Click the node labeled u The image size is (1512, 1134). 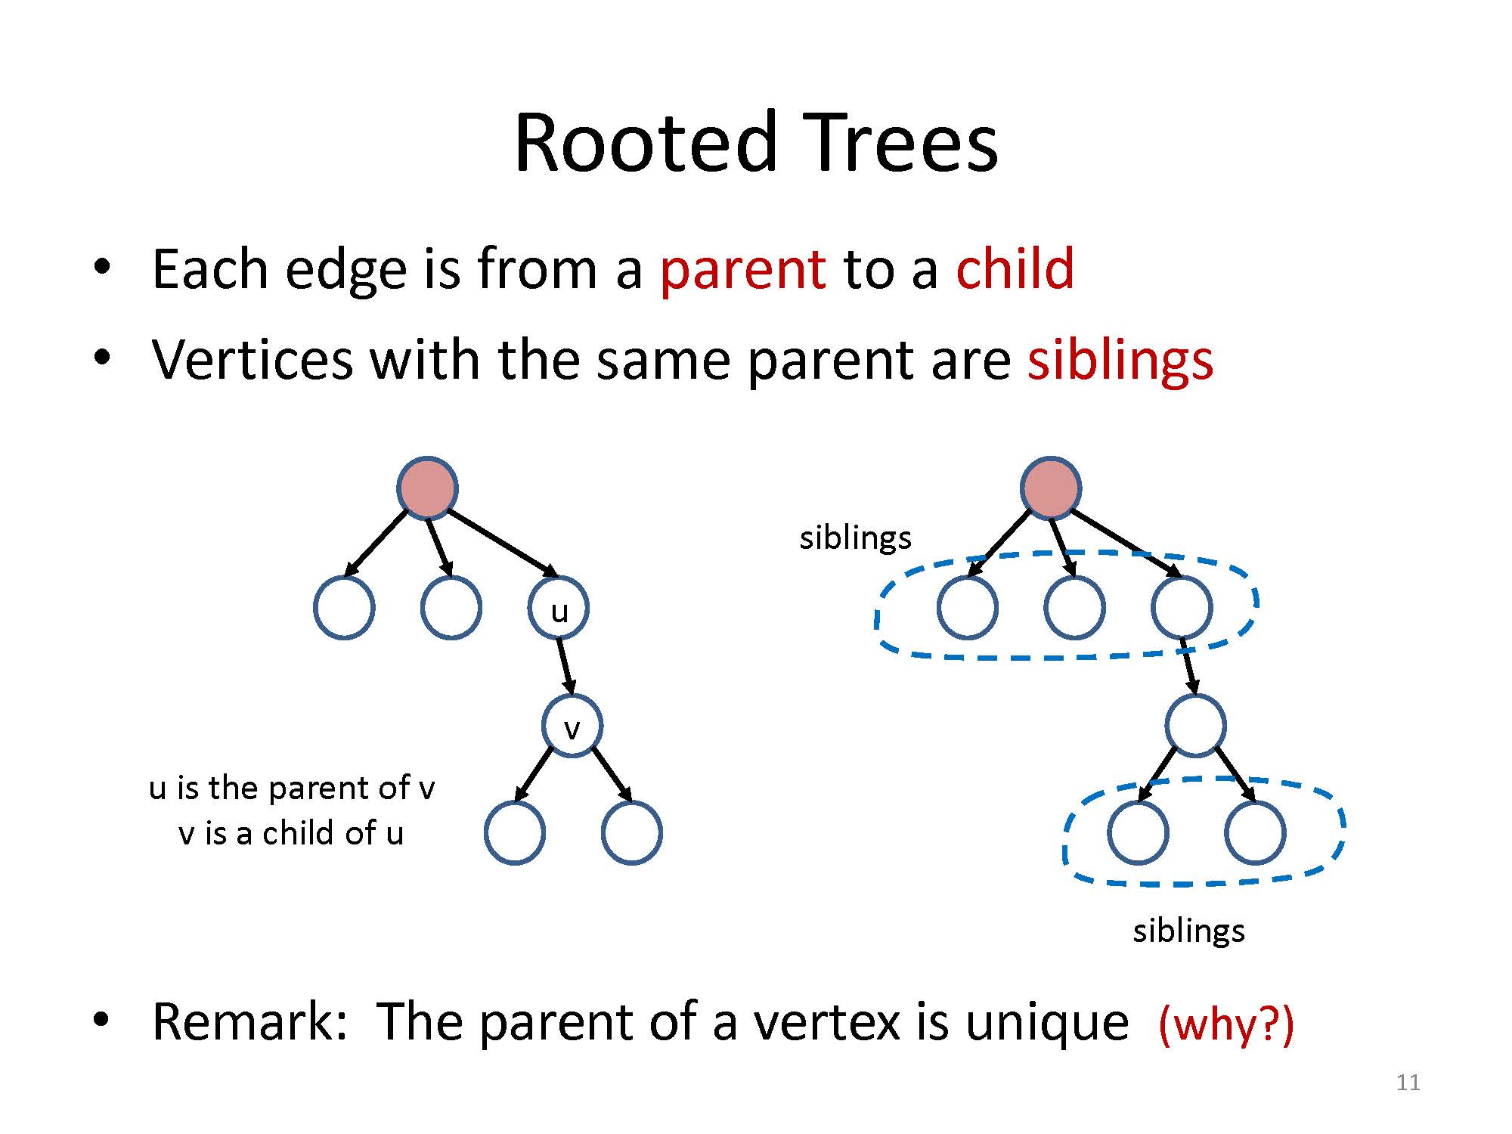pos(559,608)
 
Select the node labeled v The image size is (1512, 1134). pos(572,726)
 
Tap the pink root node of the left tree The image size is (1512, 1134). pos(427,488)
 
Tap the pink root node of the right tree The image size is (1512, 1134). pos(1051,488)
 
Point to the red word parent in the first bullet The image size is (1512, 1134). pos(743,270)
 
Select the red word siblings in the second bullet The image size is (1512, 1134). pos(1120,360)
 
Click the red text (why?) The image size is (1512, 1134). pos(1226,1024)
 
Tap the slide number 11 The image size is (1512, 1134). pos(1408,1083)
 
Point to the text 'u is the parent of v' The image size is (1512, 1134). pos(292,788)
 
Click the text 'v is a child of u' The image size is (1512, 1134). pos(291,833)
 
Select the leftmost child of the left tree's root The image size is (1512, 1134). pos(344,608)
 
